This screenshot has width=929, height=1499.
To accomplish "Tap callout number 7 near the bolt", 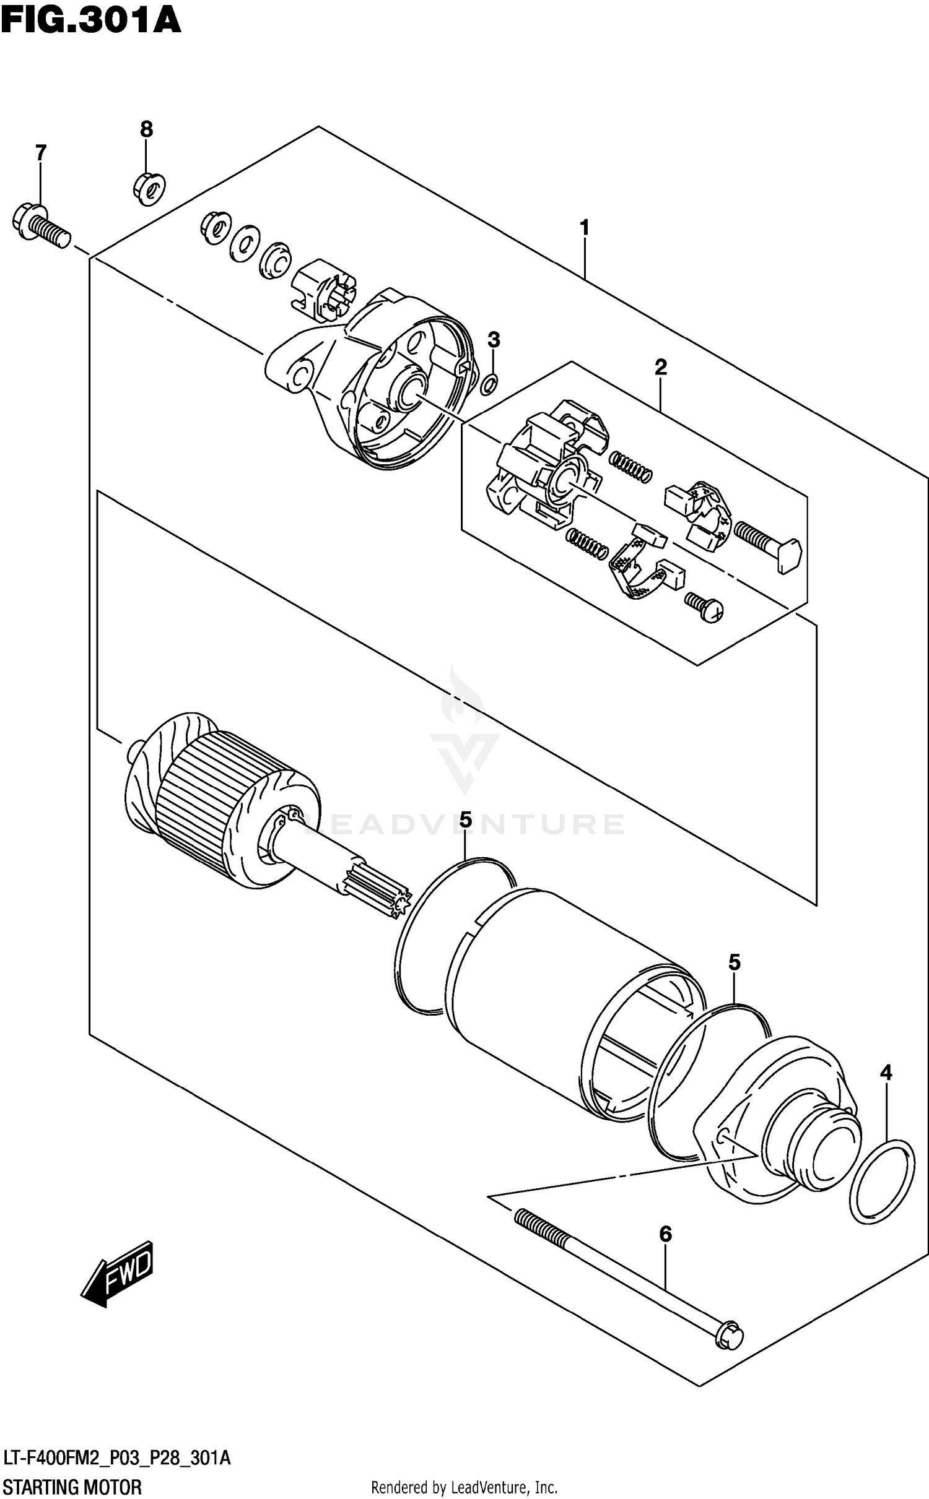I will coord(40,152).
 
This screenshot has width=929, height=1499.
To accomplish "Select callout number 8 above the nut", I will coord(146,129).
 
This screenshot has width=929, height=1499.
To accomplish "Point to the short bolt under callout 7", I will coord(41,226).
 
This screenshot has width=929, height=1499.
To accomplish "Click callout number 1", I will coord(584,228).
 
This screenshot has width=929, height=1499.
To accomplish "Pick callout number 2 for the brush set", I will coord(660,367).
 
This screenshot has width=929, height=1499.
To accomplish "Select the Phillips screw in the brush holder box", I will coord(705,607).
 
